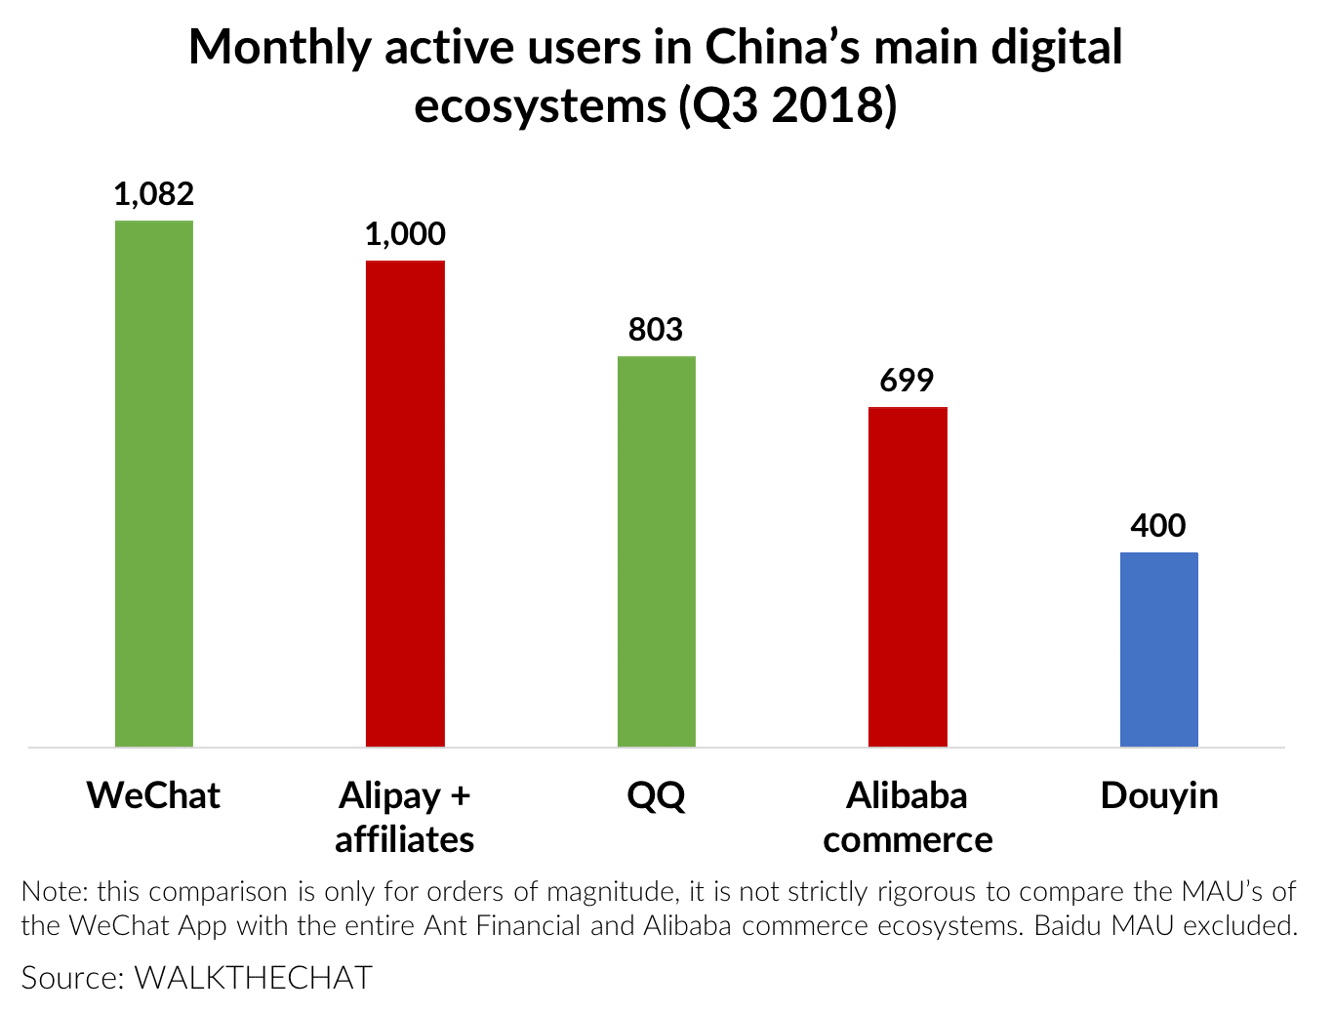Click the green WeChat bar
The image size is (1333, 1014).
154,483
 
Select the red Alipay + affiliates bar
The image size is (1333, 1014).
405,503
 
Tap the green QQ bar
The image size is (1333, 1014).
657,551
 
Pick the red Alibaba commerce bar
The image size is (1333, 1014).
908,576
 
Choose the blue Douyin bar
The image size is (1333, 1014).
1159,649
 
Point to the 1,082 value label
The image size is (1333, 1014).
154,194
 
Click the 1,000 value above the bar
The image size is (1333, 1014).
405,234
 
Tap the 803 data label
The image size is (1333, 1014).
656,330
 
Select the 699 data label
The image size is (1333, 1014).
907,381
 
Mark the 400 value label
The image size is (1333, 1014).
1158,526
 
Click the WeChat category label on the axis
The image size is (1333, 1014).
154,795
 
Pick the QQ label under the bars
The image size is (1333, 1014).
656,796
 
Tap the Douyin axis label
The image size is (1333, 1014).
1159,796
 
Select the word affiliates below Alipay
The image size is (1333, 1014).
405,839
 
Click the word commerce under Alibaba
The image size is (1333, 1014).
908,839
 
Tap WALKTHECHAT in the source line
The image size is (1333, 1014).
254,978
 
